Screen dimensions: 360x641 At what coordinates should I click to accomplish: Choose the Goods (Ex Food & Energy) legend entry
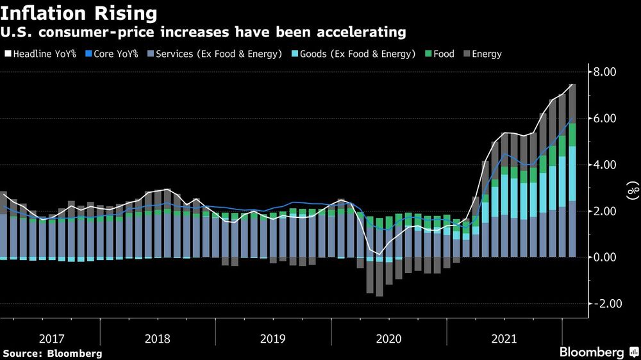[356, 54]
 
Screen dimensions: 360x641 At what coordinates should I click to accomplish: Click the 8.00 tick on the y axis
[603, 72]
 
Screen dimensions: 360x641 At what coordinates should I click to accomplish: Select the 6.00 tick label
[603, 119]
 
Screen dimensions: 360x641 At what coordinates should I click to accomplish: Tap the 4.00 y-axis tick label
[603, 165]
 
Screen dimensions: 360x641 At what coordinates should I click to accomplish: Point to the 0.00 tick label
[603, 257]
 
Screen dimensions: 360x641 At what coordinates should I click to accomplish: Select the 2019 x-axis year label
[272, 337]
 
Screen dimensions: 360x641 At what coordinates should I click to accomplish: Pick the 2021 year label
[504, 337]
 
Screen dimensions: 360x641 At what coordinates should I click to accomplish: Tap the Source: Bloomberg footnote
[53, 353]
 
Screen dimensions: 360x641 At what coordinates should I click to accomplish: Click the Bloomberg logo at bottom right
[596, 352]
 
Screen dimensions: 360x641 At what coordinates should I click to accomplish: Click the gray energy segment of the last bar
[572, 103]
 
